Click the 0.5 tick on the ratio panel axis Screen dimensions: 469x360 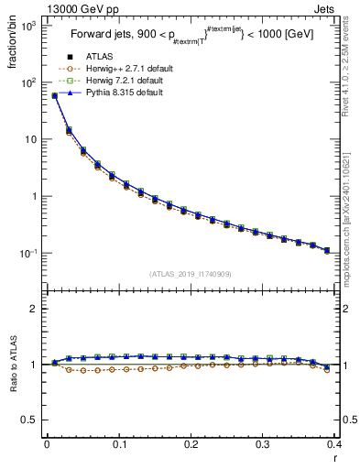pyautogui.click(x=31, y=420)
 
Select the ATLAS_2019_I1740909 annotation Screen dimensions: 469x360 pyautogui.click(x=188, y=274)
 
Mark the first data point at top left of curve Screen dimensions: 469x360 pyautogui.click(x=54, y=95)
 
